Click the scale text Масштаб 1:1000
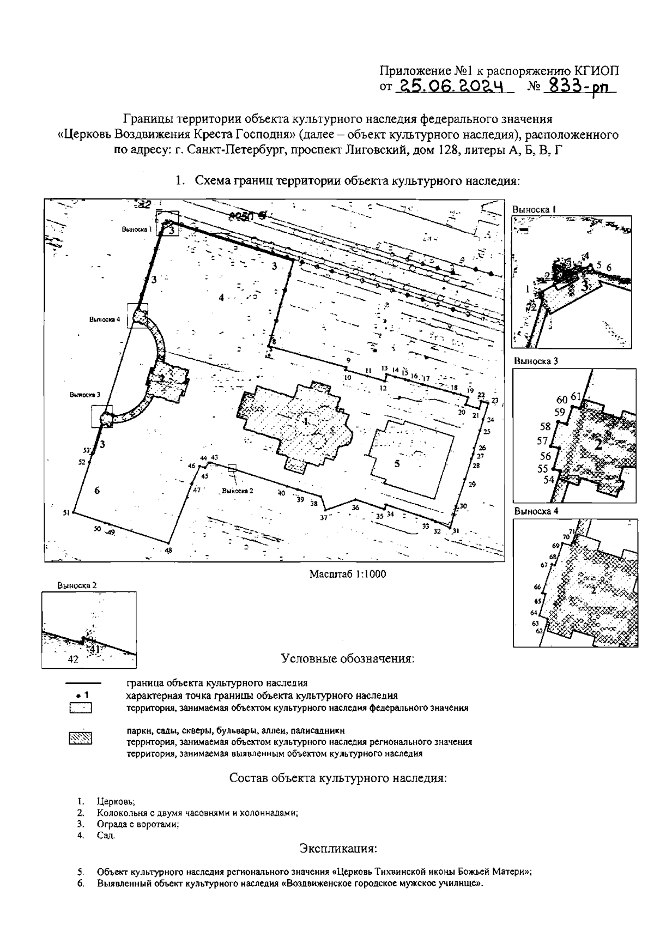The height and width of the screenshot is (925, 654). pyautogui.click(x=348, y=574)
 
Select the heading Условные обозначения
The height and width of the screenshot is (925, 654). pyautogui.click(x=348, y=658)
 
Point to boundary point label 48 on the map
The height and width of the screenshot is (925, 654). pyautogui.click(x=168, y=551)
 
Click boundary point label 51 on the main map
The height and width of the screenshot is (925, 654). pyautogui.click(x=66, y=512)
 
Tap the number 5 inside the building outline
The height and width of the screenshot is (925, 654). pyautogui.click(x=397, y=464)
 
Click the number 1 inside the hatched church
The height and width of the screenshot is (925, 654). pyautogui.click(x=306, y=421)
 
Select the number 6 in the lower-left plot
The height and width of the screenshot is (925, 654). pyautogui.click(x=97, y=491)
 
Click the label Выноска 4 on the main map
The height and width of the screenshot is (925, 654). pyautogui.click(x=105, y=319)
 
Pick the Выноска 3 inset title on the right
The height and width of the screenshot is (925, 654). pyautogui.click(x=536, y=361)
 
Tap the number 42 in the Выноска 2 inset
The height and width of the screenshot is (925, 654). pyautogui.click(x=74, y=658)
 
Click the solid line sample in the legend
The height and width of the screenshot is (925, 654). pyautogui.click(x=83, y=683)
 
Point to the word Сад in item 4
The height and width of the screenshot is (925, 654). pyautogui.click(x=105, y=836)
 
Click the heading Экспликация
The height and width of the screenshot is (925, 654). pyautogui.click(x=338, y=849)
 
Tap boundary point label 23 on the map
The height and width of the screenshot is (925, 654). pyautogui.click(x=494, y=401)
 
